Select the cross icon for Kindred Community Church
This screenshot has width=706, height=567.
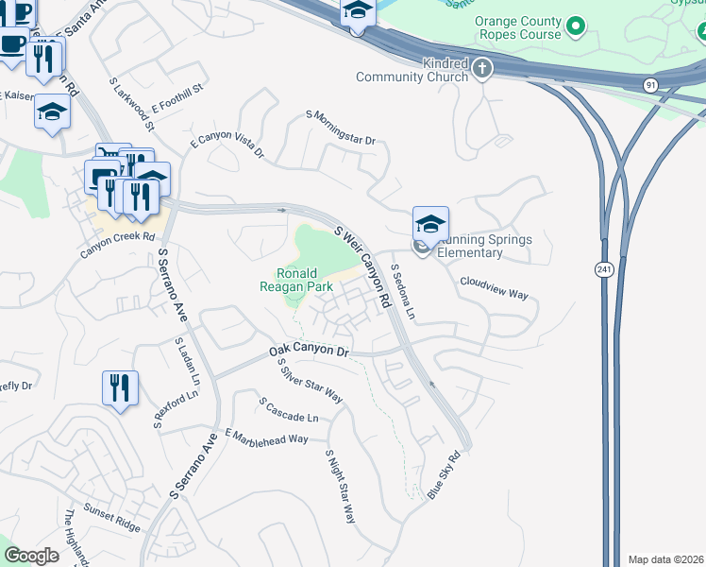tap(482, 67)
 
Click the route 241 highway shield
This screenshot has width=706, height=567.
tap(604, 269)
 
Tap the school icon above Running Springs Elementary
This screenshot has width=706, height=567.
tap(429, 225)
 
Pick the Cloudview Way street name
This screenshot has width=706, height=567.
tap(493, 287)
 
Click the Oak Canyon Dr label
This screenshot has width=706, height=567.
tap(309, 350)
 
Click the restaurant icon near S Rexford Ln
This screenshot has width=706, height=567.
tap(120, 388)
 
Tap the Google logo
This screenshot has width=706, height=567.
tap(31, 555)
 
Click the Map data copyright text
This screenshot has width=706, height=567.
tap(666, 559)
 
